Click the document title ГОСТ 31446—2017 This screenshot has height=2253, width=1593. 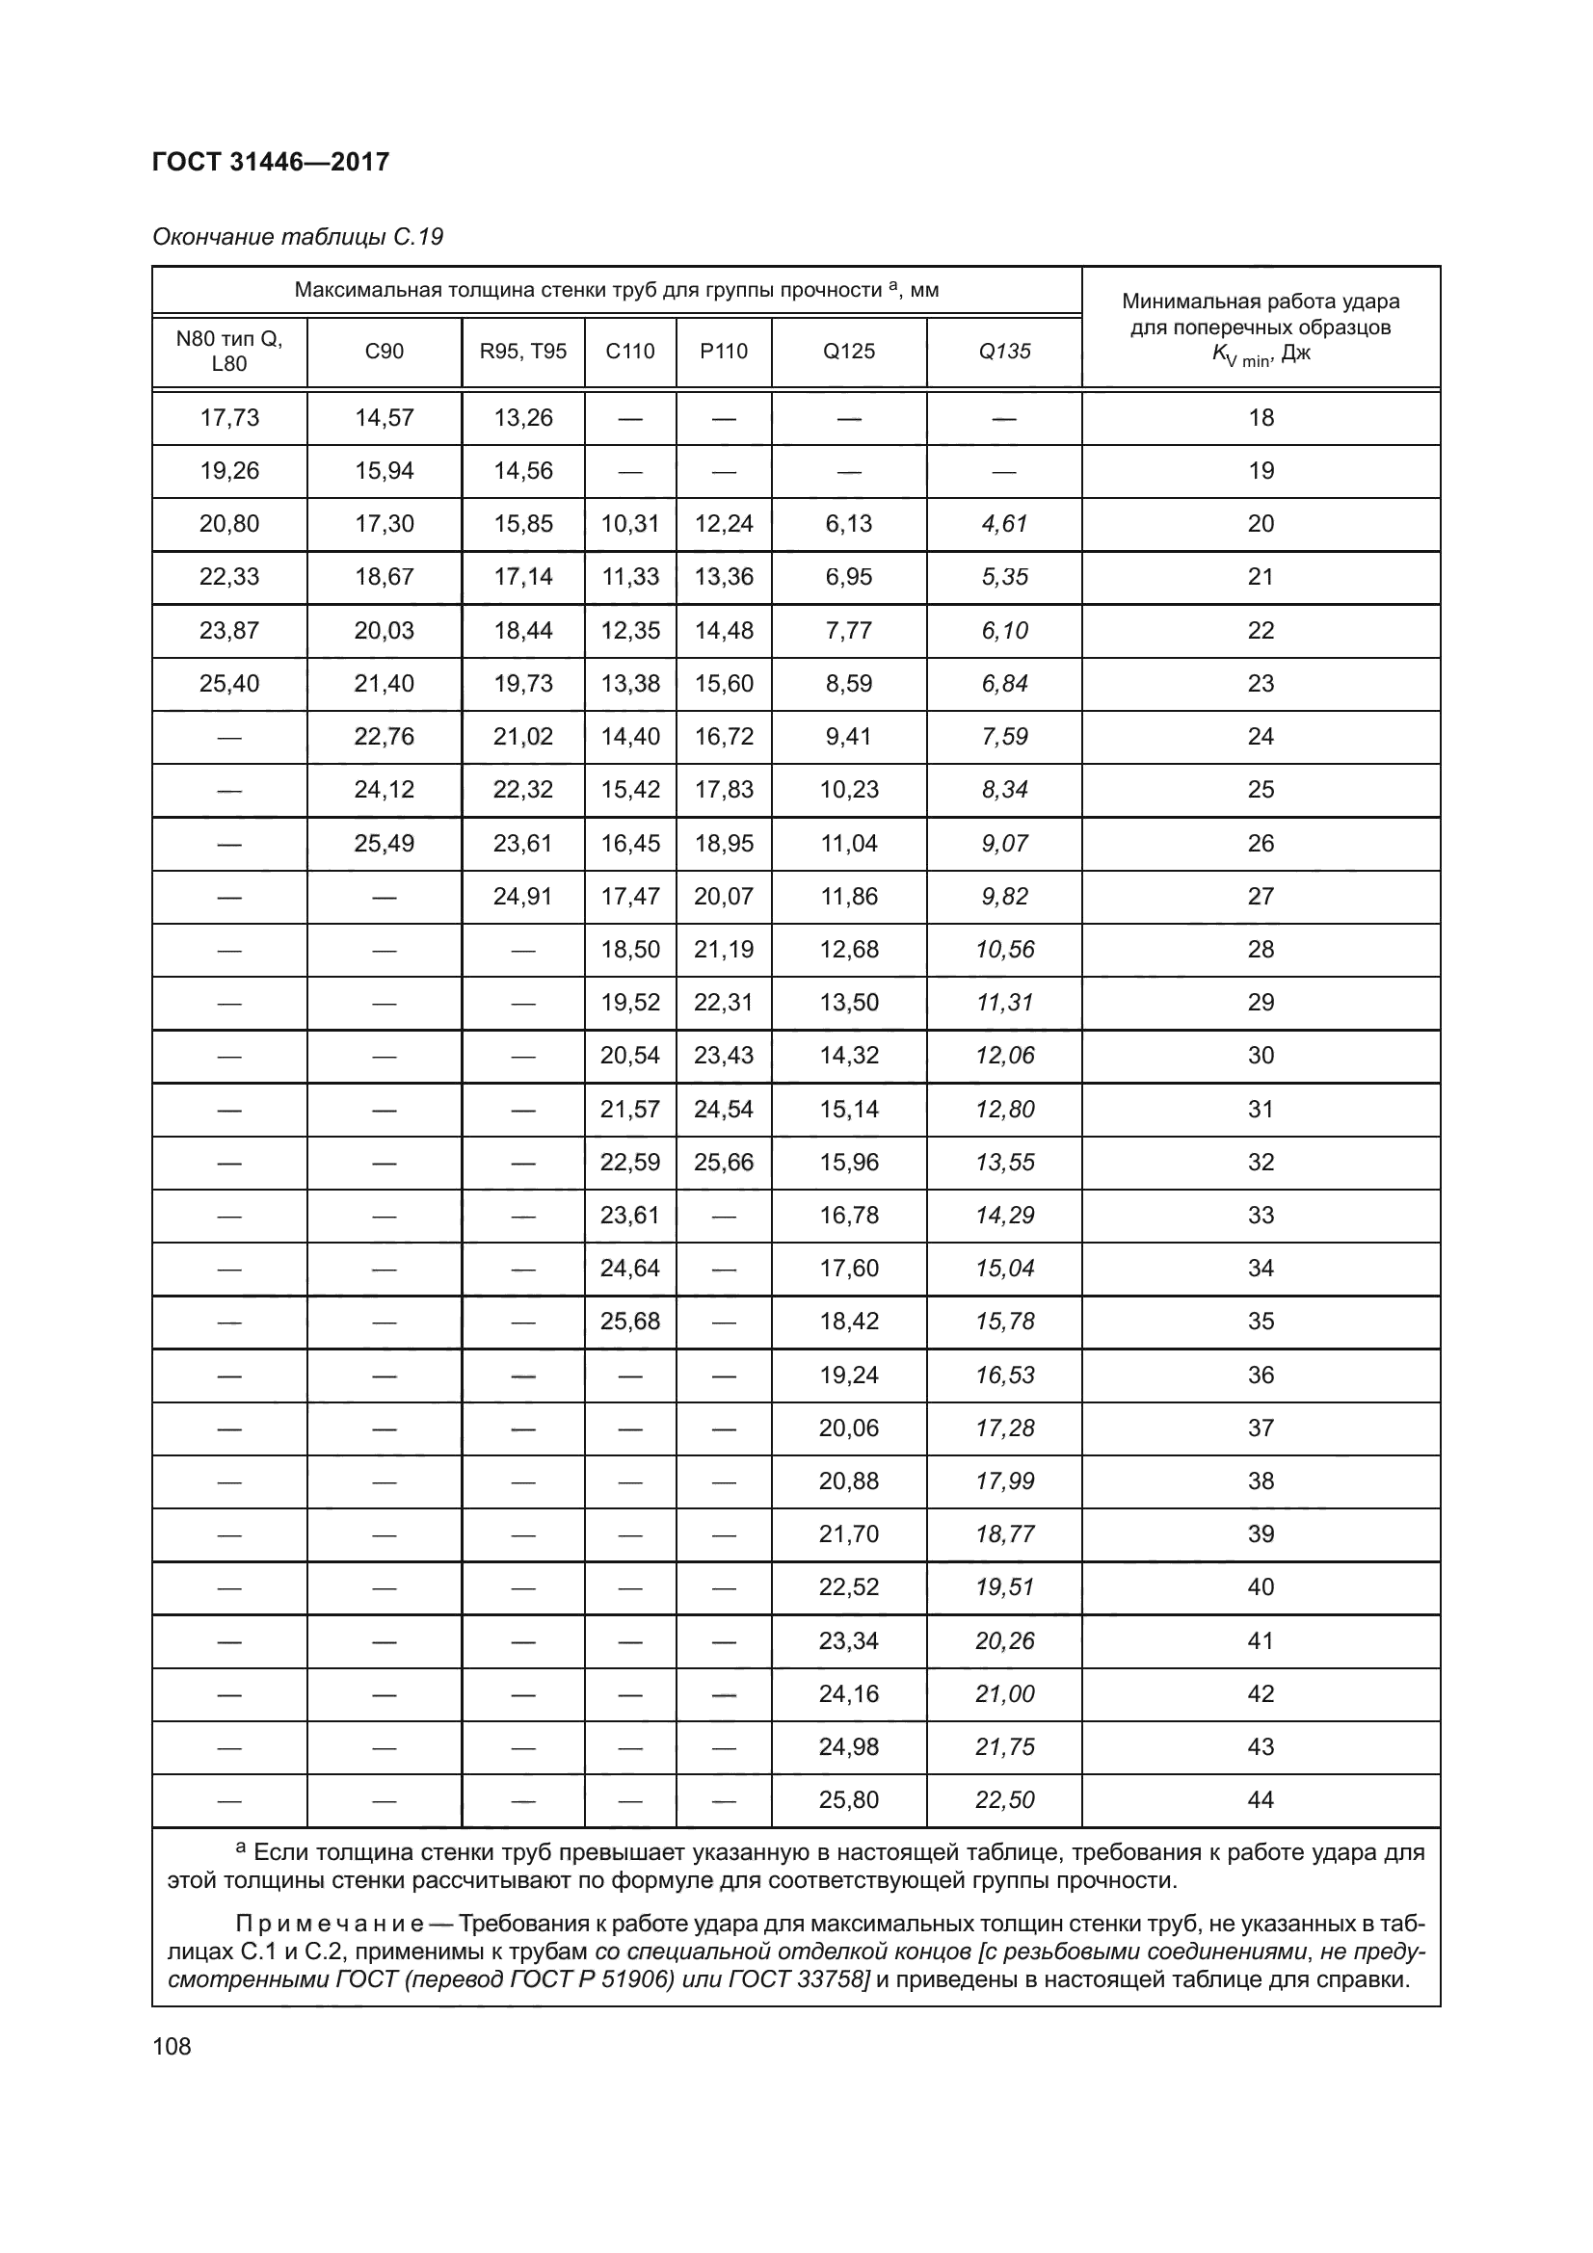pyautogui.click(x=271, y=162)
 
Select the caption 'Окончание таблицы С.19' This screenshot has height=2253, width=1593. pyautogui.click(x=298, y=238)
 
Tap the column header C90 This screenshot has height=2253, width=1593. pyautogui.click(x=384, y=352)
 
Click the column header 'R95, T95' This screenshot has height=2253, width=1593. pyautogui.click(x=523, y=352)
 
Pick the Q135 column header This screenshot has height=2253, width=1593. pyautogui.click(x=1004, y=352)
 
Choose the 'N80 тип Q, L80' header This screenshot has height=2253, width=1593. pyautogui.click(x=228, y=352)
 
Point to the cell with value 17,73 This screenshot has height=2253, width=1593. pyautogui.click(x=228, y=418)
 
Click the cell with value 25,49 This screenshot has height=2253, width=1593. pyautogui.click(x=384, y=844)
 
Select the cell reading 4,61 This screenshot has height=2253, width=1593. pyautogui.click(x=1004, y=524)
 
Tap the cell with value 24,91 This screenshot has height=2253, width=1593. pyautogui.click(x=523, y=897)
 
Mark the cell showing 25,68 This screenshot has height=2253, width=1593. pyautogui.click(x=630, y=1322)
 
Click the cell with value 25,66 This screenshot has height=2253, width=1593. pyautogui.click(x=724, y=1163)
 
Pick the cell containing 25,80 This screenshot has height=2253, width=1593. pyautogui.click(x=849, y=1800)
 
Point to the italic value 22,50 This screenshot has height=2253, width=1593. pyautogui.click(x=1004, y=1800)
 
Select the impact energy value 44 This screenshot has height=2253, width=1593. pyautogui.click(x=1261, y=1800)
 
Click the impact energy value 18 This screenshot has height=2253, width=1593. pyautogui.click(x=1261, y=418)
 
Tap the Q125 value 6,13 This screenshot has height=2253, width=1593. pyautogui.click(x=849, y=524)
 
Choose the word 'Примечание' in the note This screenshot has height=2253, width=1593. pyautogui.click(x=329, y=1924)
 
